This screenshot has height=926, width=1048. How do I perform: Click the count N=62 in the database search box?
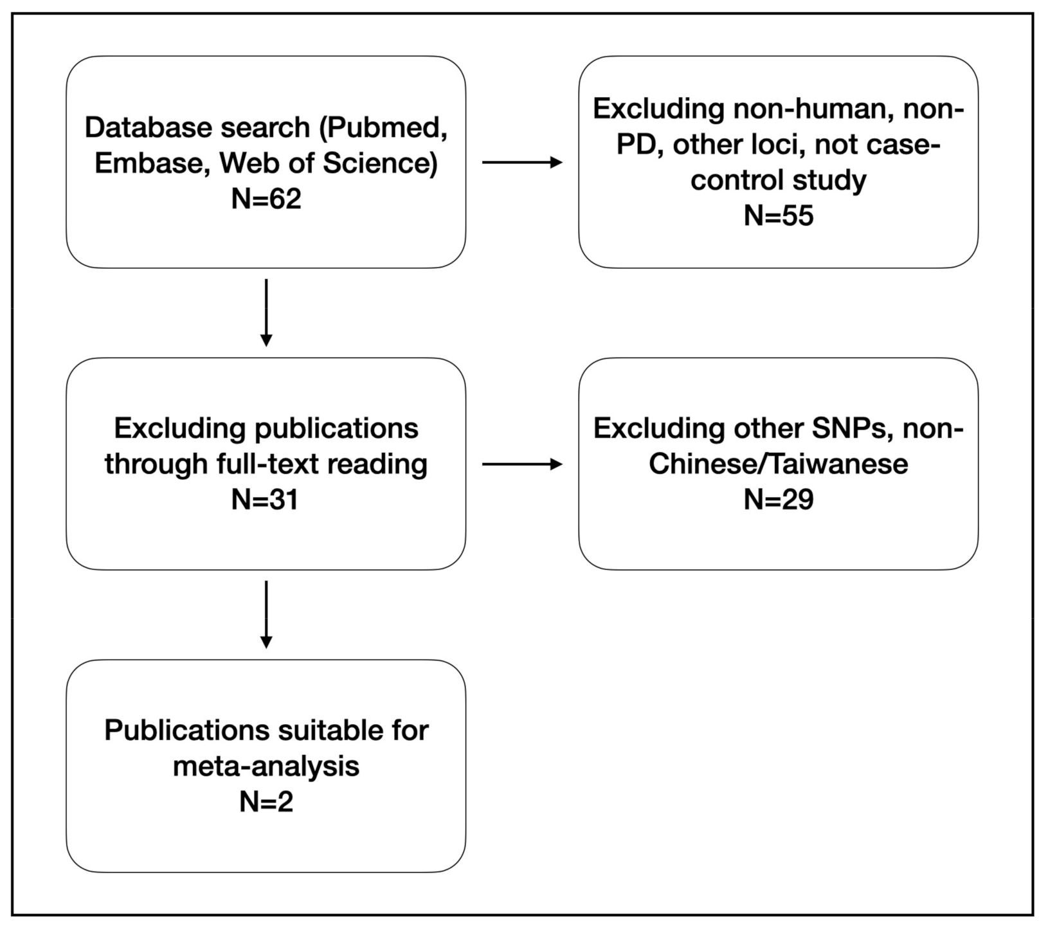pyautogui.click(x=266, y=199)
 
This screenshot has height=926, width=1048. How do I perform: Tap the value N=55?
pyautogui.click(x=778, y=215)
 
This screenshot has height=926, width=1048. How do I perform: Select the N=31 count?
pyautogui.click(x=266, y=500)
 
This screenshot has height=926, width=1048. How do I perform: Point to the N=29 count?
pyautogui.click(x=778, y=500)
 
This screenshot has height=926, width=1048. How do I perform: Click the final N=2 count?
pyautogui.click(x=266, y=801)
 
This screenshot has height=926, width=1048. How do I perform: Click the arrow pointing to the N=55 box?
pyautogui.click(x=522, y=163)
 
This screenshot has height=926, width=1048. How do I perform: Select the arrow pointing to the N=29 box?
pyautogui.click(x=522, y=464)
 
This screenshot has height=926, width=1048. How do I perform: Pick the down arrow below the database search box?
pyautogui.click(x=266, y=313)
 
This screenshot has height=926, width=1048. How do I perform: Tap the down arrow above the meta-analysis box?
pyautogui.click(x=266, y=614)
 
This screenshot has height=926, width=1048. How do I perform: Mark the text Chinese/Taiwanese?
pyautogui.click(x=778, y=464)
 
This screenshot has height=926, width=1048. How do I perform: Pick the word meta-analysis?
pyautogui.click(x=266, y=766)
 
